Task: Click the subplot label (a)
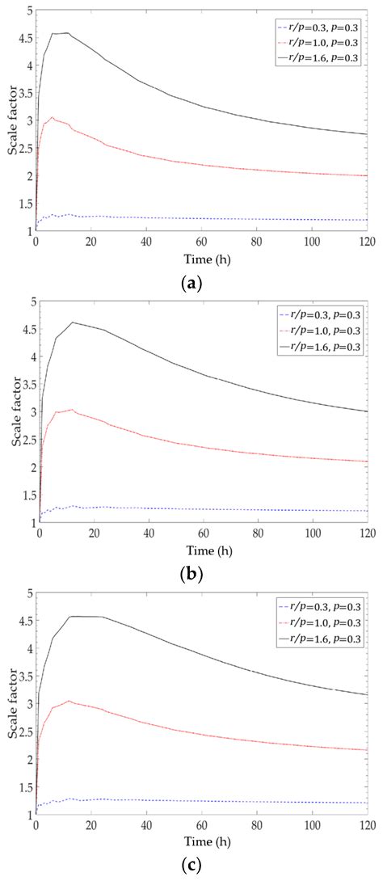coord(193,284)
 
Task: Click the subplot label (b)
coord(193,575)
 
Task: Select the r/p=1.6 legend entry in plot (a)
coord(317,57)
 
